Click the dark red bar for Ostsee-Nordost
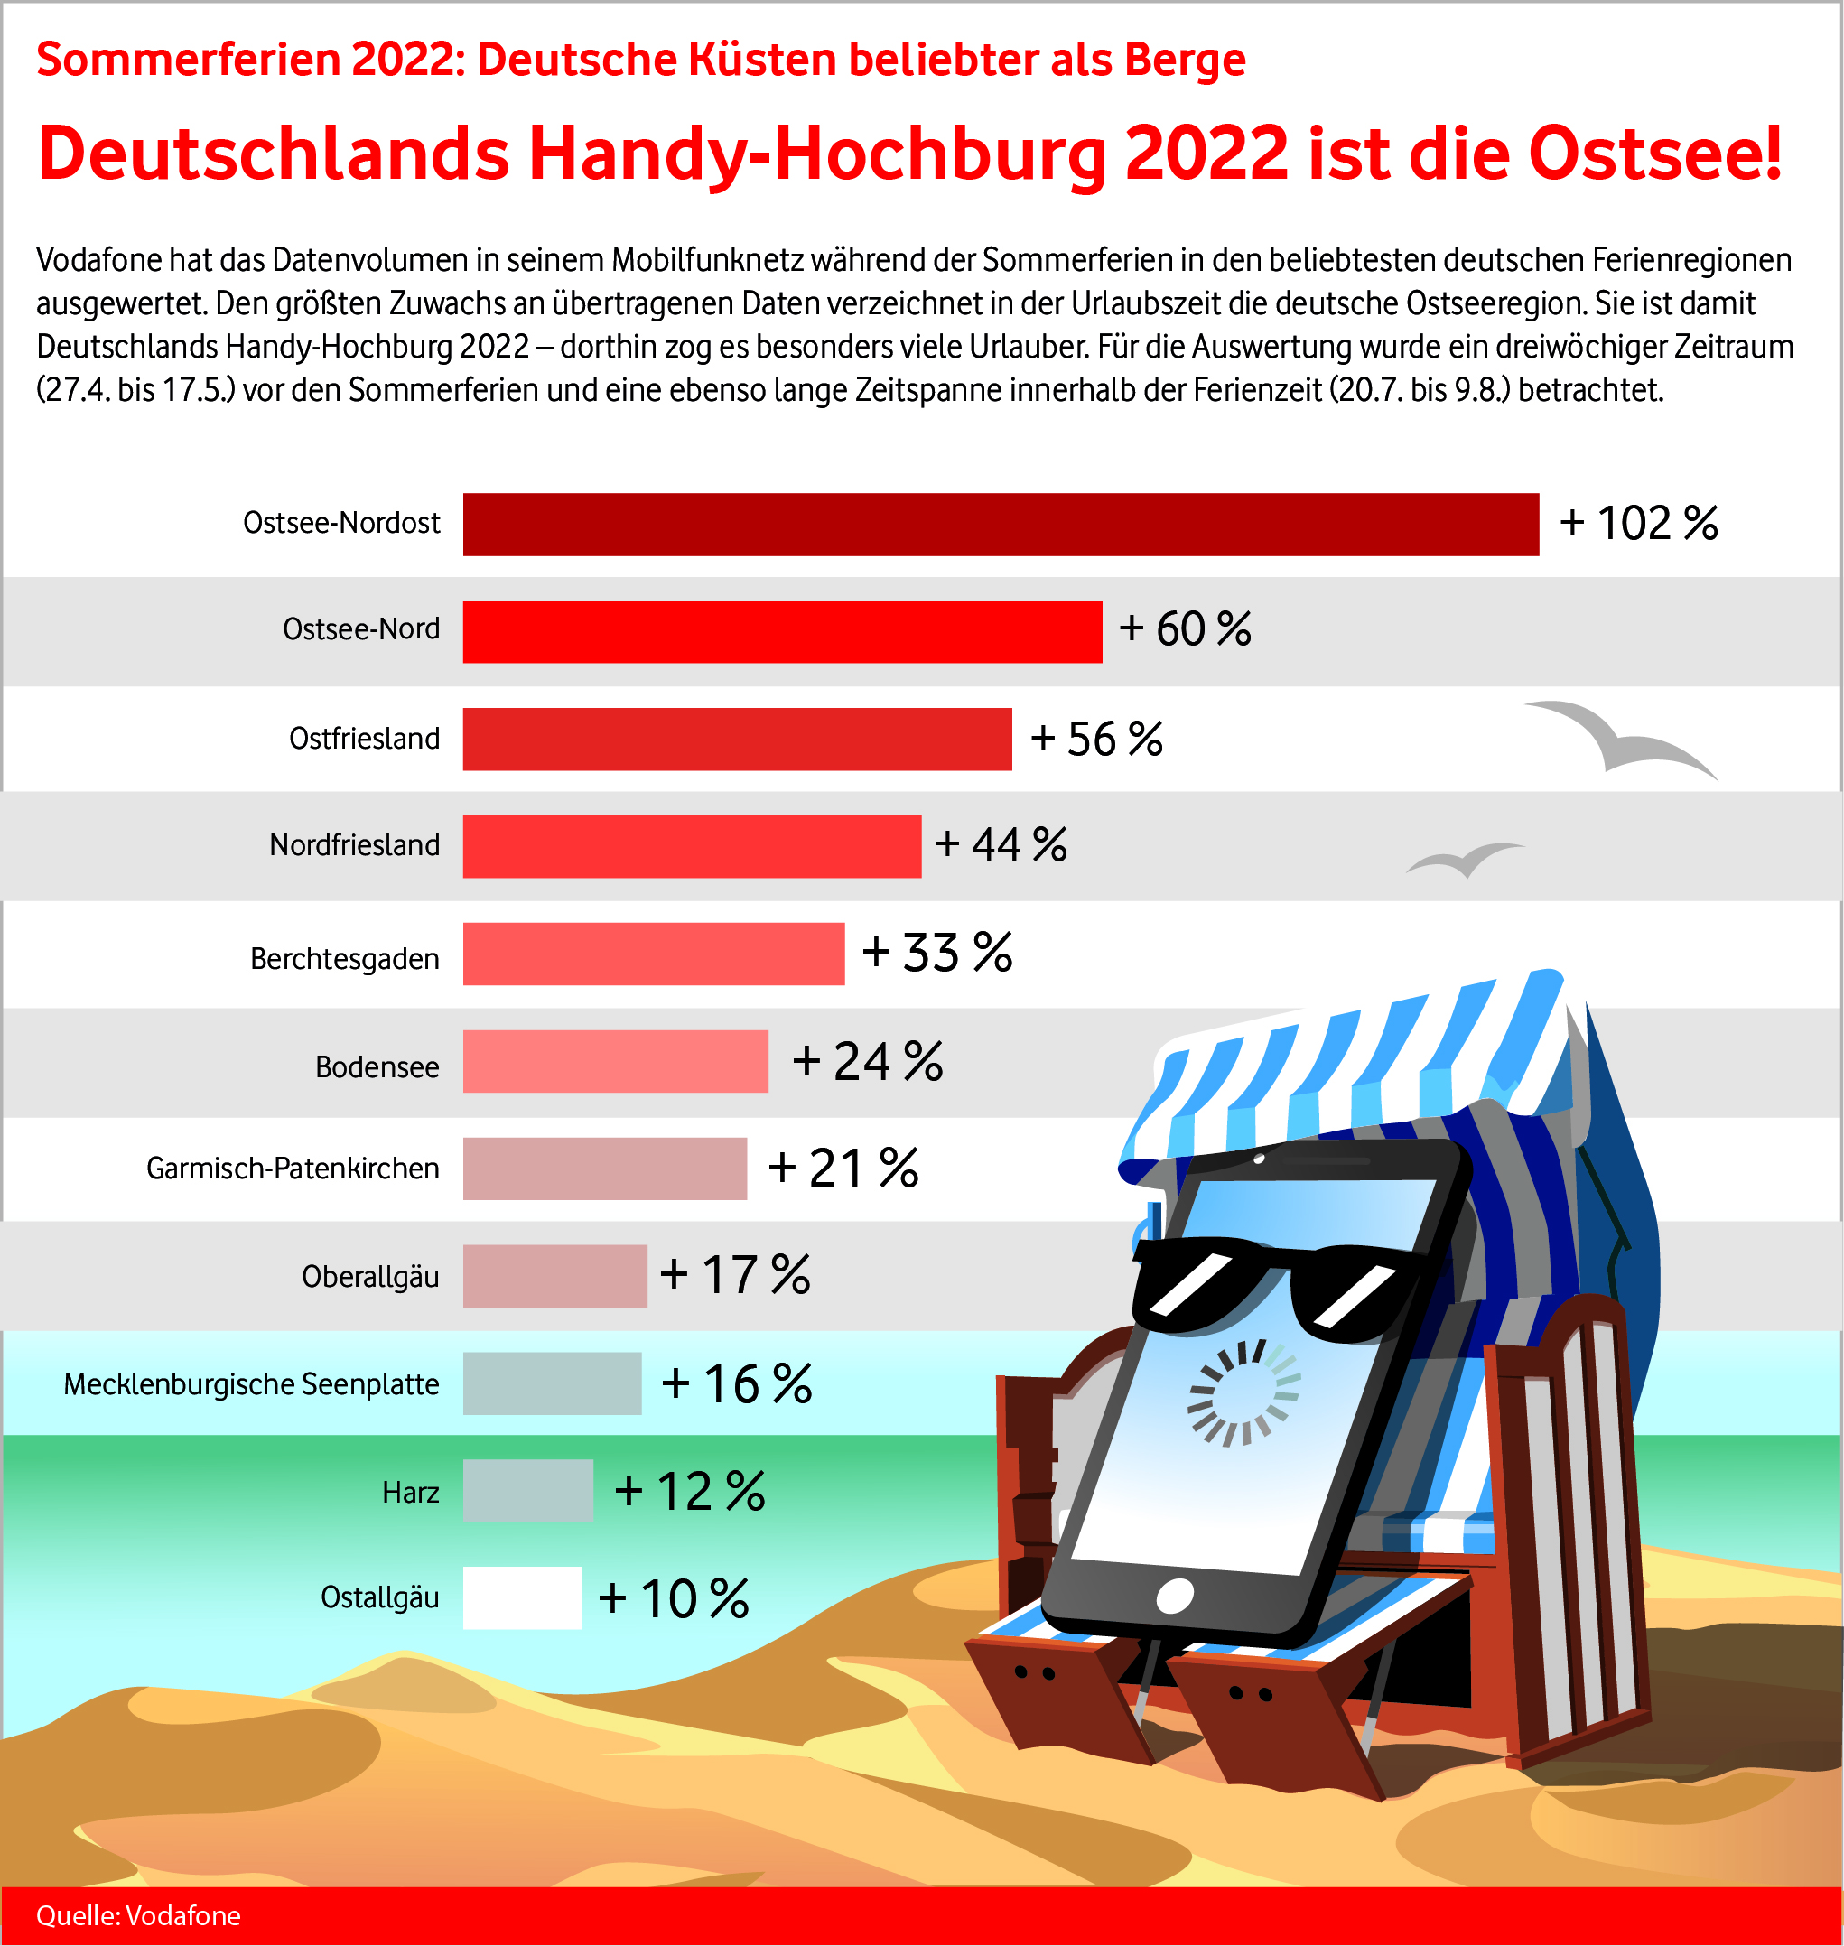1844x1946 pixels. click(x=1001, y=524)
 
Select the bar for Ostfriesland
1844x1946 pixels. click(x=737, y=739)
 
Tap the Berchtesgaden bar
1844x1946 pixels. click(x=654, y=954)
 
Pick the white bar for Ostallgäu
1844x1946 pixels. click(x=522, y=1598)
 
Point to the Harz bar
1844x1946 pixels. click(x=528, y=1491)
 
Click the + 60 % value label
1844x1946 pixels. click(x=1185, y=629)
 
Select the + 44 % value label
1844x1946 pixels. click(x=1001, y=844)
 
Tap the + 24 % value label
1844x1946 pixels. click(x=867, y=1061)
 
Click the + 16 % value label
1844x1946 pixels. click(x=736, y=1383)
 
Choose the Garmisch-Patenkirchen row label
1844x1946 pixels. click(x=293, y=1169)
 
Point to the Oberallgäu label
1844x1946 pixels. click(x=370, y=1277)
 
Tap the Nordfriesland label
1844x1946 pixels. click(x=355, y=845)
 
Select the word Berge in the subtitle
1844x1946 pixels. click(x=1185, y=59)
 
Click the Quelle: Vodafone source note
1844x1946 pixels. click(x=138, y=1915)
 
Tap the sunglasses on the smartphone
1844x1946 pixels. click(x=1278, y=1287)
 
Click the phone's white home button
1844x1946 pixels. click(x=1175, y=1597)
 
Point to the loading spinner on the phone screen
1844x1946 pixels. click(x=1244, y=1392)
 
